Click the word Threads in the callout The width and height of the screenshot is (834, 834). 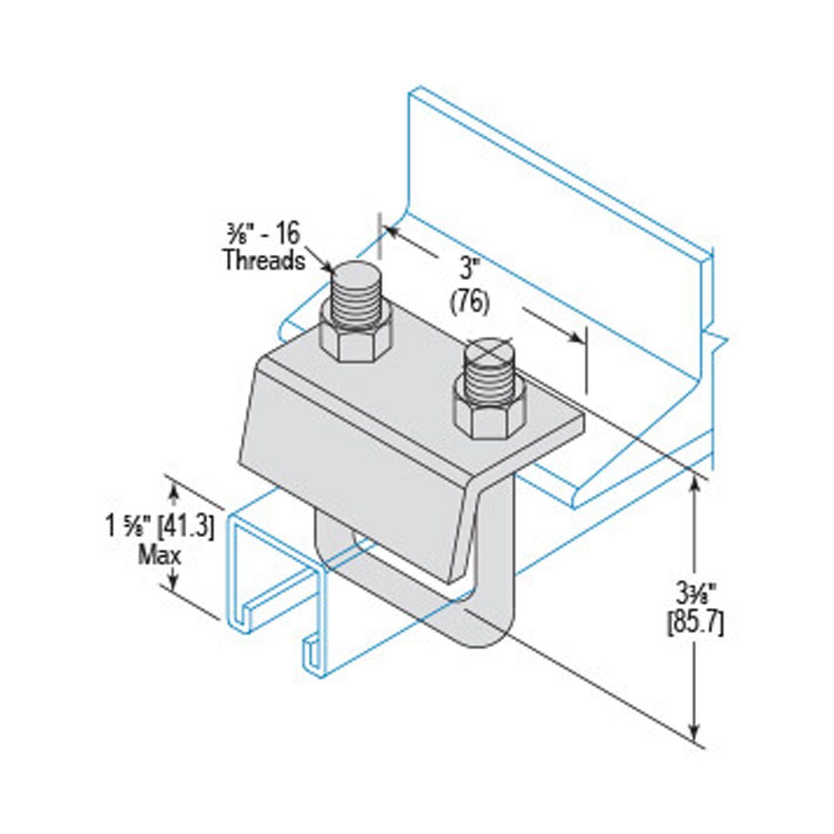(264, 260)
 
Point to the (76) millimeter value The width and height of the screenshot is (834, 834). (469, 304)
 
